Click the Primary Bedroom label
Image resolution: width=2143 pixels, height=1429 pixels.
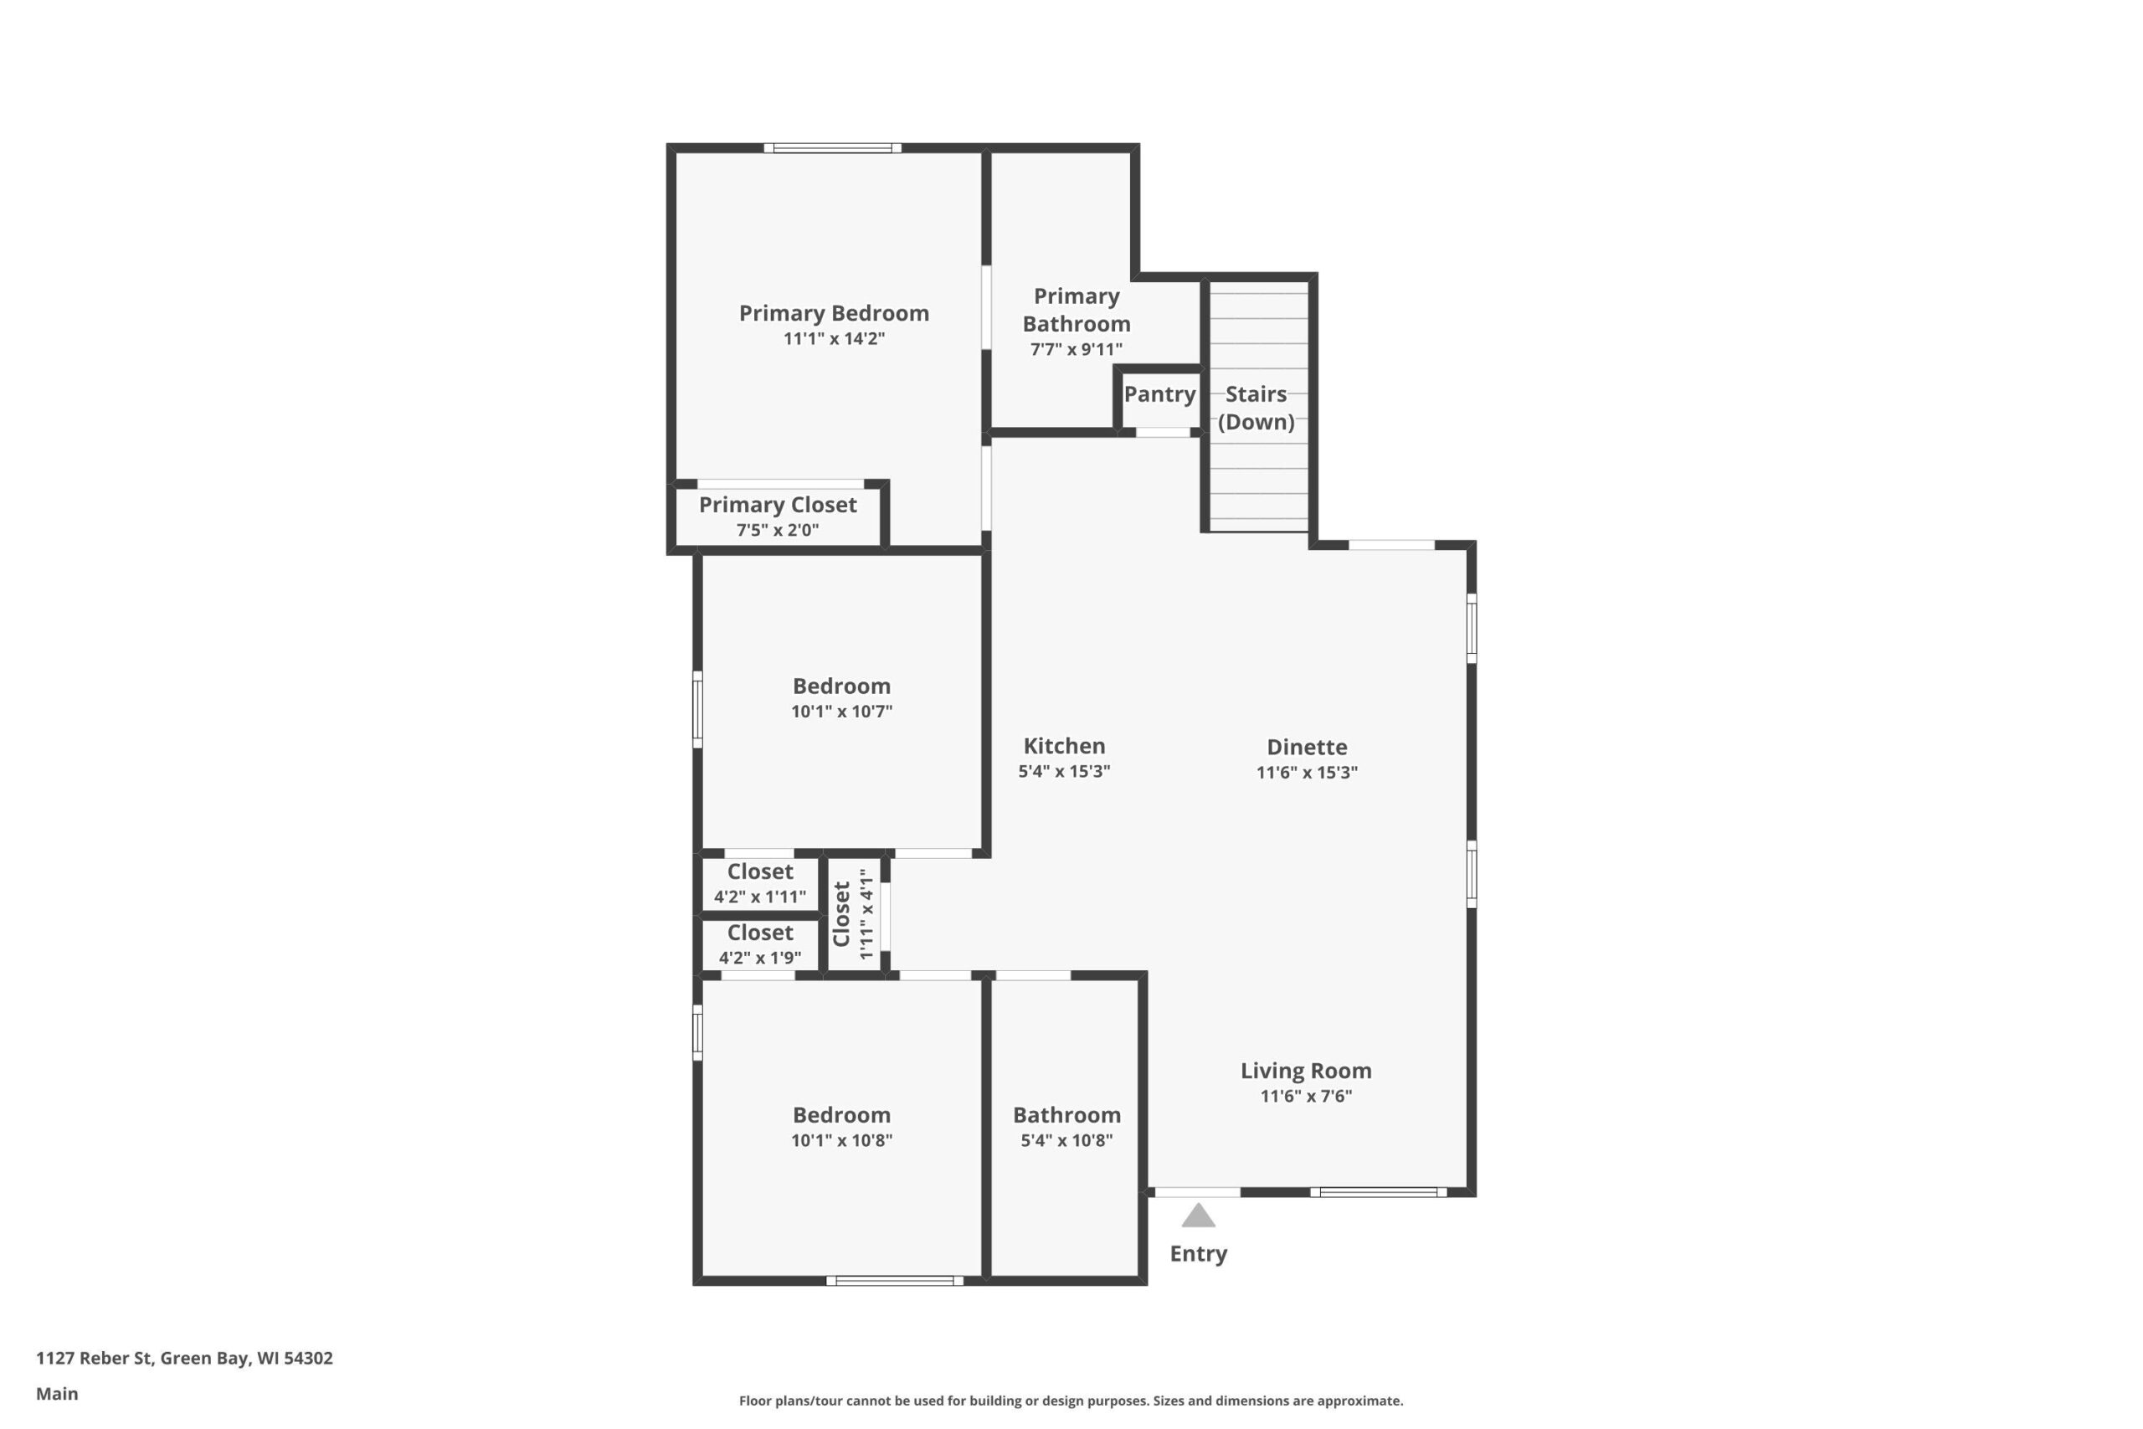pyautogui.click(x=834, y=313)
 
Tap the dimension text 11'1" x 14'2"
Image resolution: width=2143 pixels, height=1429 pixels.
pyautogui.click(x=834, y=339)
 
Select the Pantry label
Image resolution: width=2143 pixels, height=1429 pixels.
pyautogui.click(x=1159, y=394)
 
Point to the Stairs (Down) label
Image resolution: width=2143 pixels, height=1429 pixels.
pyautogui.click(x=1257, y=408)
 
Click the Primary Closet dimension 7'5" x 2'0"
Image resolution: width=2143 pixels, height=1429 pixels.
pyautogui.click(x=777, y=531)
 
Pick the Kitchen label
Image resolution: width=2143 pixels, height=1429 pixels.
pyautogui.click(x=1064, y=747)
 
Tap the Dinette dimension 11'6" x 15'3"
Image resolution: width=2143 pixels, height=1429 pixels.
pyautogui.click(x=1307, y=773)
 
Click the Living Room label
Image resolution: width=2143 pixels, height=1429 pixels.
pyautogui.click(x=1306, y=1071)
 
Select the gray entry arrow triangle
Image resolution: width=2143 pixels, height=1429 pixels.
pyautogui.click(x=1198, y=1216)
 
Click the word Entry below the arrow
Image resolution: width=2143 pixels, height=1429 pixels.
pyautogui.click(x=1198, y=1254)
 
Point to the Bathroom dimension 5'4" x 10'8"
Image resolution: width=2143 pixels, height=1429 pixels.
pyautogui.click(x=1066, y=1140)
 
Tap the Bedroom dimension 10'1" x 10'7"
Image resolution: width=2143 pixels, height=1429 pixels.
pyautogui.click(x=841, y=712)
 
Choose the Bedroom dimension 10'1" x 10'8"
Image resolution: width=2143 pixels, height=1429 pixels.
pyautogui.click(x=841, y=1140)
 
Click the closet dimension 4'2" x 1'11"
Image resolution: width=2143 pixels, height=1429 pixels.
pyautogui.click(x=760, y=897)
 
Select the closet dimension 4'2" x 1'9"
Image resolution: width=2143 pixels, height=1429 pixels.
pyautogui.click(x=760, y=958)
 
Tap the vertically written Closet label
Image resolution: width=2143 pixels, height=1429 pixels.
pyautogui.click(x=841, y=914)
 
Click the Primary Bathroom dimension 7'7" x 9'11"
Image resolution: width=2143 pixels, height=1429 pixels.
pyautogui.click(x=1076, y=349)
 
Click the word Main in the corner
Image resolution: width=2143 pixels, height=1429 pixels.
pyautogui.click(x=56, y=1394)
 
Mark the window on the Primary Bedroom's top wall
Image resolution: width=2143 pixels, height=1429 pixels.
pyautogui.click(x=833, y=147)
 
